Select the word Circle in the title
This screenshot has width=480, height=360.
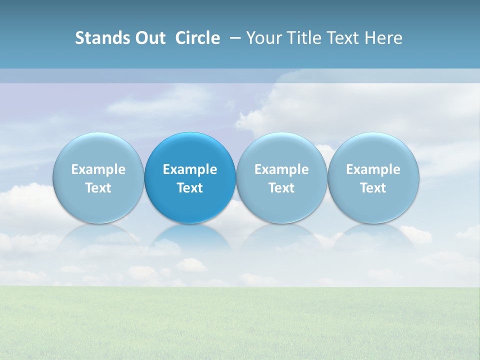197,38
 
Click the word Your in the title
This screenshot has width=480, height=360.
262,38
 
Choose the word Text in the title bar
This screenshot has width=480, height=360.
339,38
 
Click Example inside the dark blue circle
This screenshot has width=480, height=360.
190,169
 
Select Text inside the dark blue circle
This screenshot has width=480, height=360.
190,188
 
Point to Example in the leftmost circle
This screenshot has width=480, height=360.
98,169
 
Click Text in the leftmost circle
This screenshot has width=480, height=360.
98,188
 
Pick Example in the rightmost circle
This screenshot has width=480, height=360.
373,169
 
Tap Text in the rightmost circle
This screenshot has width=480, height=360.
373,188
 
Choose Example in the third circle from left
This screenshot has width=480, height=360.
281,169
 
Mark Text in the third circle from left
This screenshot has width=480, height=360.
281,188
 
